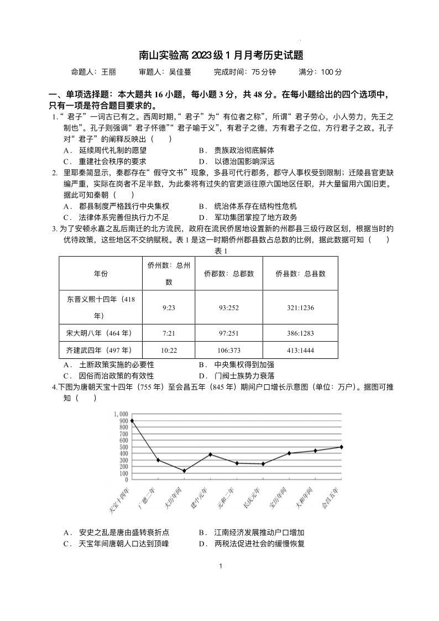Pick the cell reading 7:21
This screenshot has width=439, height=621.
169,333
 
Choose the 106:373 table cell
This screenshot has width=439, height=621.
228,350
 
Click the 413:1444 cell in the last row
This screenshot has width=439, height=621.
300,350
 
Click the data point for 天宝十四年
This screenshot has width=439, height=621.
132,421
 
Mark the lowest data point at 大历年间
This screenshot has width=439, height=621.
184,471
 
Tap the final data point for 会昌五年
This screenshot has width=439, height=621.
341,447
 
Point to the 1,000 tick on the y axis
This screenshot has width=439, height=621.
121,414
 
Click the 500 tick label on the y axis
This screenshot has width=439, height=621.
122,447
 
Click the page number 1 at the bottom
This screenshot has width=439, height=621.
221,566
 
